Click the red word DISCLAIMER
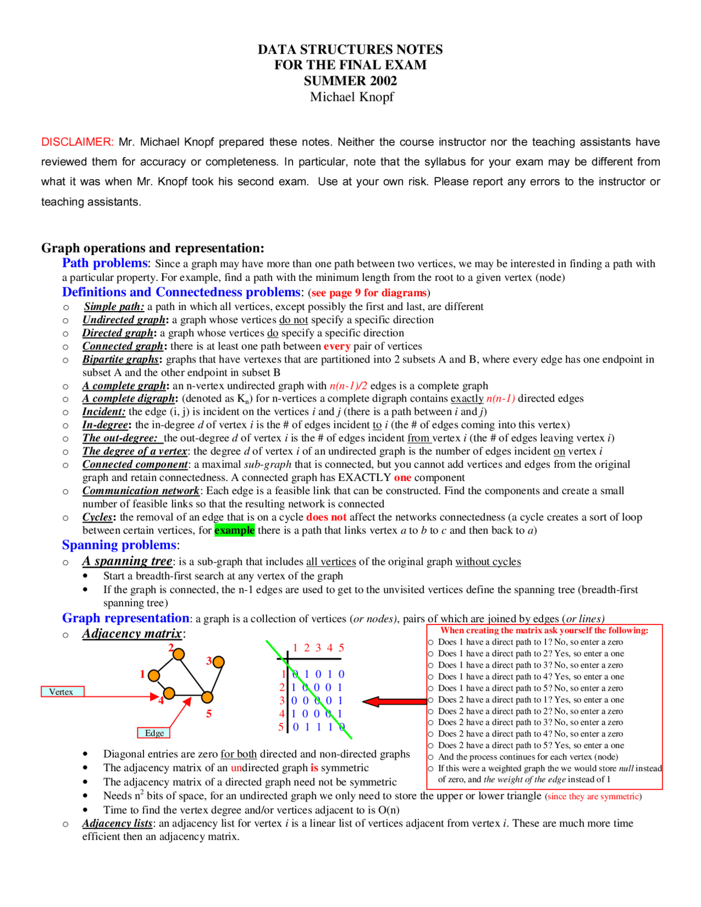[77, 142]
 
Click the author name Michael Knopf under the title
[352, 97]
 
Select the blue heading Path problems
[105, 263]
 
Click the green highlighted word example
[234, 530]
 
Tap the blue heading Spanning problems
[119, 545]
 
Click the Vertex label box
[62, 692]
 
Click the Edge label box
[154, 733]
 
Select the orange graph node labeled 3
[219, 662]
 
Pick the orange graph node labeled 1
[154, 676]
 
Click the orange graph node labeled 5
[207, 697]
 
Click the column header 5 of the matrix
[341, 648]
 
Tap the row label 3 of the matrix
[281, 701]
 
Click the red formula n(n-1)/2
[348, 386]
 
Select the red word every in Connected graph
[337, 346]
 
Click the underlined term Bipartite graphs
[120, 359]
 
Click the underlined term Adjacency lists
[118, 823]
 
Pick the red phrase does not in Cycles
[326, 517]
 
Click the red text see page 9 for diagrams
[369, 293]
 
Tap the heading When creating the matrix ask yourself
[544, 630]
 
